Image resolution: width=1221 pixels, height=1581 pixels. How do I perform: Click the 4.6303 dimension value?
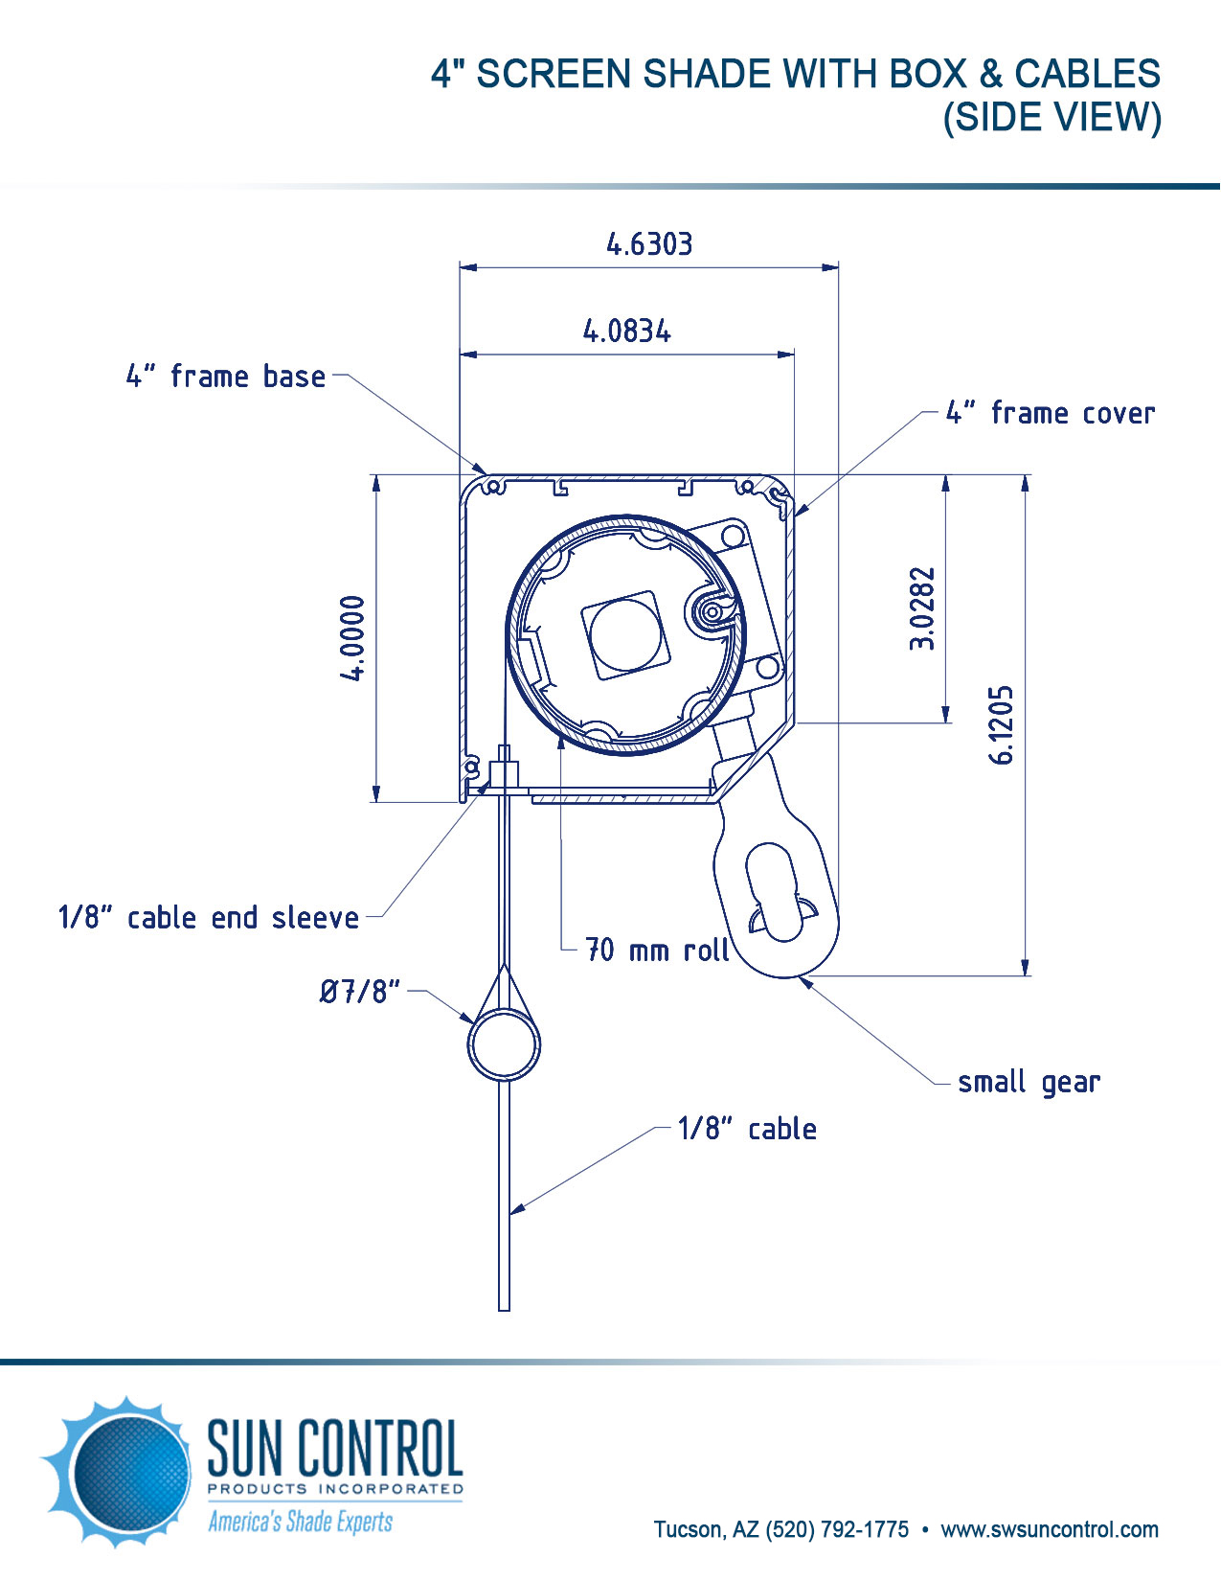pos(649,244)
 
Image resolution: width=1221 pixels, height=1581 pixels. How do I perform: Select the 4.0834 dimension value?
pos(627,332)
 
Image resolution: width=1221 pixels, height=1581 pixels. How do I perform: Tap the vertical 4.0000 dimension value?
pos(353,637)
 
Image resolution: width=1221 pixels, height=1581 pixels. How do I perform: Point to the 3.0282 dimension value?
pos(922,609)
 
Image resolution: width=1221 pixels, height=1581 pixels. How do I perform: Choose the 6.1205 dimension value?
pos(1001,724)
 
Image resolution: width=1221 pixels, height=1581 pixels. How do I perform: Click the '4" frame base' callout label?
pos(226,377)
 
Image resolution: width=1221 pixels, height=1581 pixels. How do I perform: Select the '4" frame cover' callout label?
pos(1051,413)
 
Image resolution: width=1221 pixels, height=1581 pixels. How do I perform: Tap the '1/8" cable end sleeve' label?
pos(209,918)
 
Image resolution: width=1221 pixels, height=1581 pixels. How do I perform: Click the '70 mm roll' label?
pos(657,951)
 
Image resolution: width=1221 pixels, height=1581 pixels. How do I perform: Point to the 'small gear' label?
pos(1029,1083)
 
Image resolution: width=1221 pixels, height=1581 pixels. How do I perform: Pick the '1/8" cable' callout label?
pos(747,1129)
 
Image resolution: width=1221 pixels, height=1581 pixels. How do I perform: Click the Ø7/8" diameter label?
pos(360,991)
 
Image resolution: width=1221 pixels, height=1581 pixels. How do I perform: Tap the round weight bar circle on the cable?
pos(504,1044)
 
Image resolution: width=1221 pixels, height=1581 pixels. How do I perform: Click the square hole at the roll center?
pos(625,634)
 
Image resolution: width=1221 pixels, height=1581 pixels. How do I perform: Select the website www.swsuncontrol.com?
pos(1050,1529)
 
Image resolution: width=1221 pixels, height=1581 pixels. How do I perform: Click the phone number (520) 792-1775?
pos(837,1529)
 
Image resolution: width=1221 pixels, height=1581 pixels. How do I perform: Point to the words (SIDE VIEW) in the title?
pos(1051,118)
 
